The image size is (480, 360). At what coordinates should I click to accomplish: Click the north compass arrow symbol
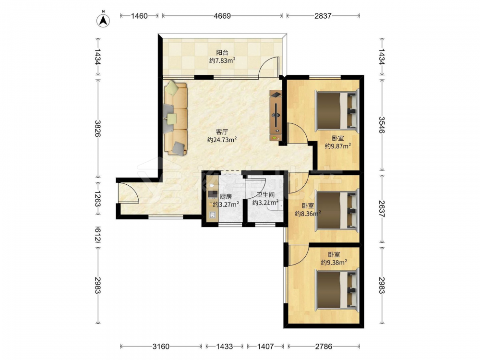tap(104, 20)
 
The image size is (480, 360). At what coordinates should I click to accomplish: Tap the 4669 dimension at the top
tap(222, 16)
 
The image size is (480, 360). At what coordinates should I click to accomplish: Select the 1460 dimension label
tap(139, 16)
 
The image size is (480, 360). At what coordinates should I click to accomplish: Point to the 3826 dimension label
tap(98, 128)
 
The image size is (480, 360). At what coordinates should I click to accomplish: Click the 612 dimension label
tap(98, 235)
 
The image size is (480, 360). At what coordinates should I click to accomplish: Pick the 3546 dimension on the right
tap(382, 125)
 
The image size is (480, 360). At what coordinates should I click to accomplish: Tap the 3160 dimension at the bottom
tap(161, 346)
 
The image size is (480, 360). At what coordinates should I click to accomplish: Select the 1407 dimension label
tap(265, 346)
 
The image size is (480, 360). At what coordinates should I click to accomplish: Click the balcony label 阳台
tap(222, 53)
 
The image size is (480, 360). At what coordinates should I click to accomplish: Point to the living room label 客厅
tap(222, 132)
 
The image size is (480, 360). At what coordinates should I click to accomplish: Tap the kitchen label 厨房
tap(226, 196)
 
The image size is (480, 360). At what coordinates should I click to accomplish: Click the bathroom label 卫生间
tap(265, 194)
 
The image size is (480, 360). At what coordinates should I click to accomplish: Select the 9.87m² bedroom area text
tap(337, 146)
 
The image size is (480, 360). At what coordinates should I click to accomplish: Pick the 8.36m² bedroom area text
tap(308, 214)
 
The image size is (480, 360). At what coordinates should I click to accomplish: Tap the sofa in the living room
tap(175, 118)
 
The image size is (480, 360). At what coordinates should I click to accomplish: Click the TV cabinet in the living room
tap(276, 115)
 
